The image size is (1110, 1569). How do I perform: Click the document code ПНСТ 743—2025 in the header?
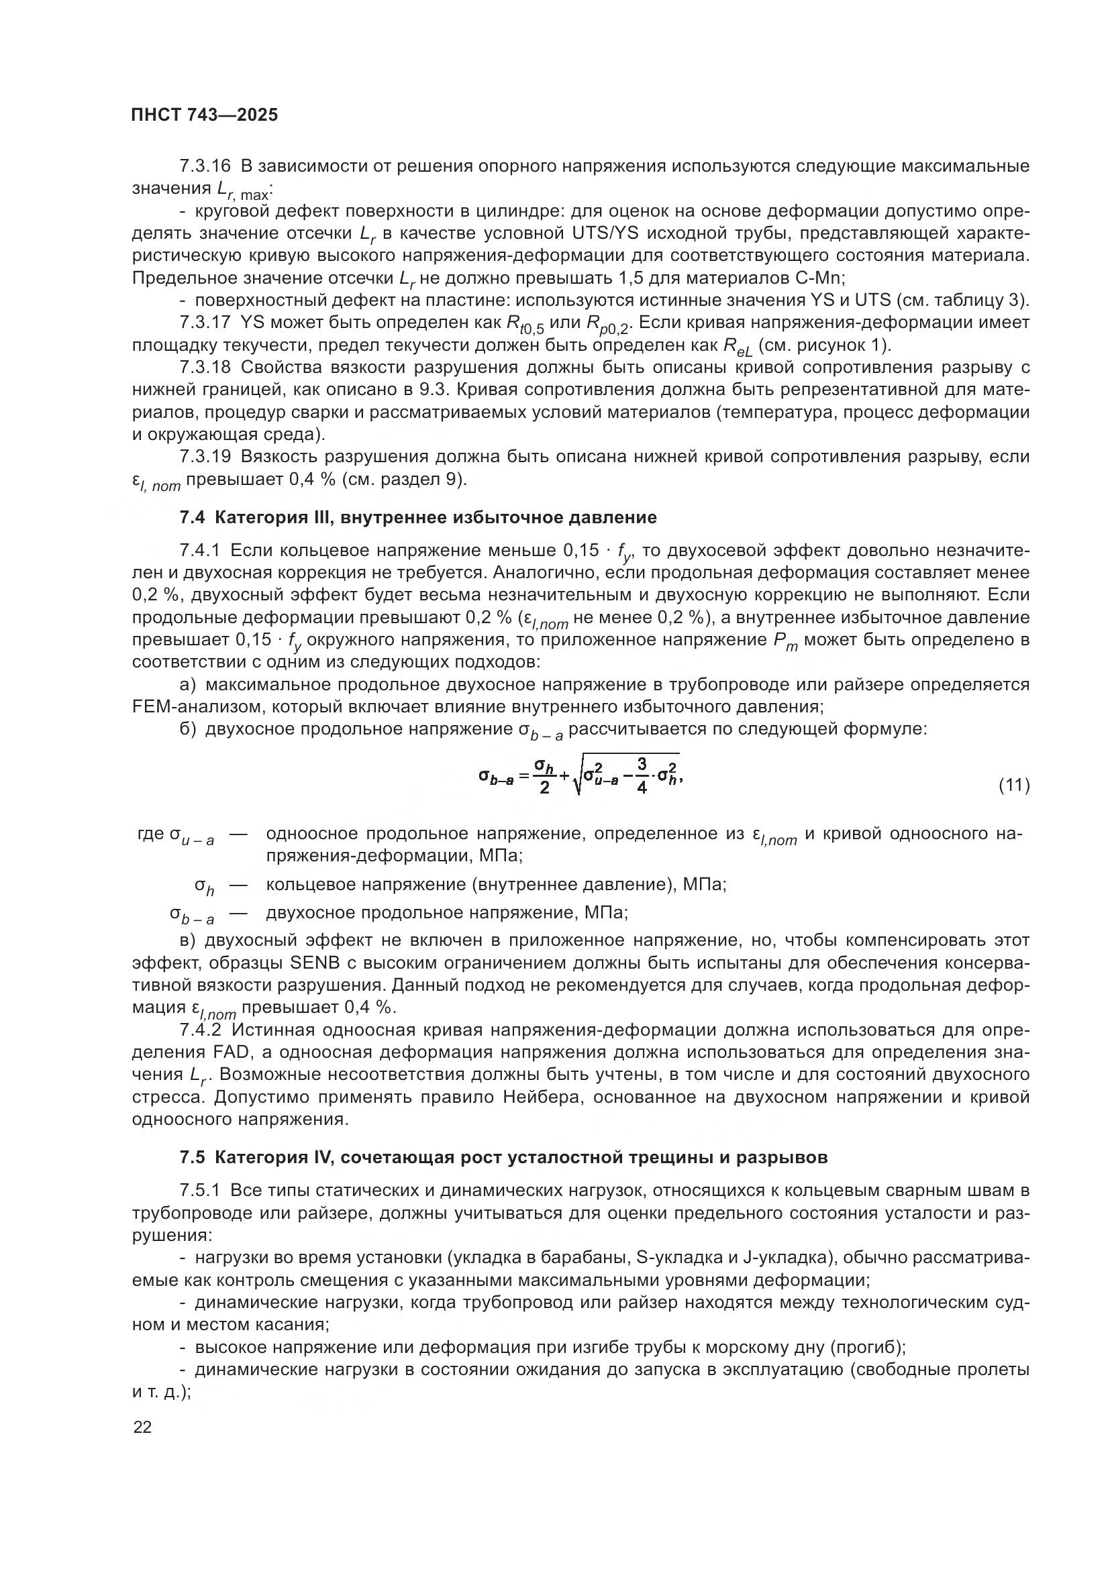[x=205, y=115]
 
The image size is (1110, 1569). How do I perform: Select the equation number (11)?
[x=1013, y=786]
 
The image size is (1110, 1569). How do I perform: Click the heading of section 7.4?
[x=417, y=517]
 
